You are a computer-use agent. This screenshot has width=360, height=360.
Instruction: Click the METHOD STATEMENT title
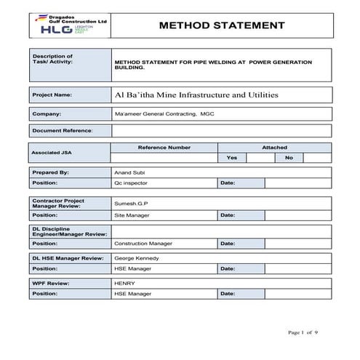(x=221, y=25)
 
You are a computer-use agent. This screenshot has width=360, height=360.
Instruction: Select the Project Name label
(x=52, y=95)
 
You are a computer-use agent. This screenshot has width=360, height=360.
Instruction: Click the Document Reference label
(x=63, y=131)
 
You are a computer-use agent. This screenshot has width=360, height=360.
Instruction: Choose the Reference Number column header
(x=164, y=148)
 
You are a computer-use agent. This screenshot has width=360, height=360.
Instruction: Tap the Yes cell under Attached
(x=231, y=157)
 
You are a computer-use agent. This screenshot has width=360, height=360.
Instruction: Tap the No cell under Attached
(x=289, y=157)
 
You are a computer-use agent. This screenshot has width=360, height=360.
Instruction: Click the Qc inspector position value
(x=131, y=183)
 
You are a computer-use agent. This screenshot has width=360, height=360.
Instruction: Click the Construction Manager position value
(x=143, y=243)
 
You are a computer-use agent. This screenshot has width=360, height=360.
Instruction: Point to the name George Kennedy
(x=137, y=258)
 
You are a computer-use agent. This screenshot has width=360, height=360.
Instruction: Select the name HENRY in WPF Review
(x=124, y=282)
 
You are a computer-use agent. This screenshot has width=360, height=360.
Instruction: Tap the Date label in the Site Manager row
(x=228, y=215)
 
